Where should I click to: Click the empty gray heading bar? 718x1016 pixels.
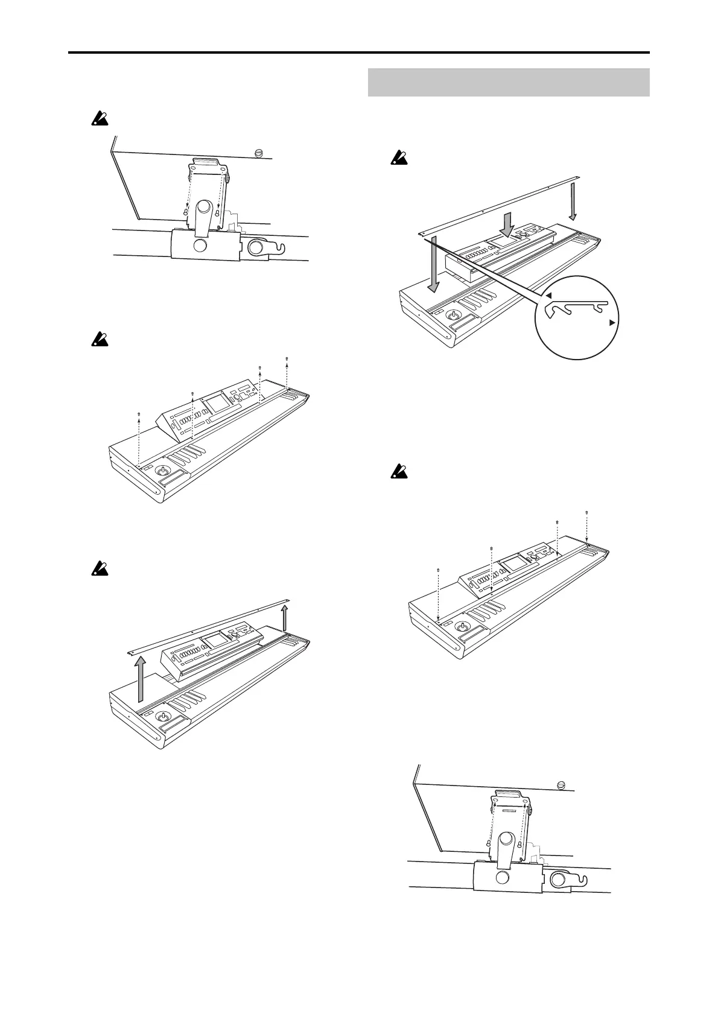[508, 82]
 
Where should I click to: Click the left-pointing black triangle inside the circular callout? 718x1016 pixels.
[548, 295]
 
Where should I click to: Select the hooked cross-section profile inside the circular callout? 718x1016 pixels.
[578, 309]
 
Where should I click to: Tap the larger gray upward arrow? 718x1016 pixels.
[140, 679]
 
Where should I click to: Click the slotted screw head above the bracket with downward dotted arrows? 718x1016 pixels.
[260, 152]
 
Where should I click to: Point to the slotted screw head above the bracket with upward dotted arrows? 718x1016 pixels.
[561, 785]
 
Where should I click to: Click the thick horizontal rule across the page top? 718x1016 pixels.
[358, 52]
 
